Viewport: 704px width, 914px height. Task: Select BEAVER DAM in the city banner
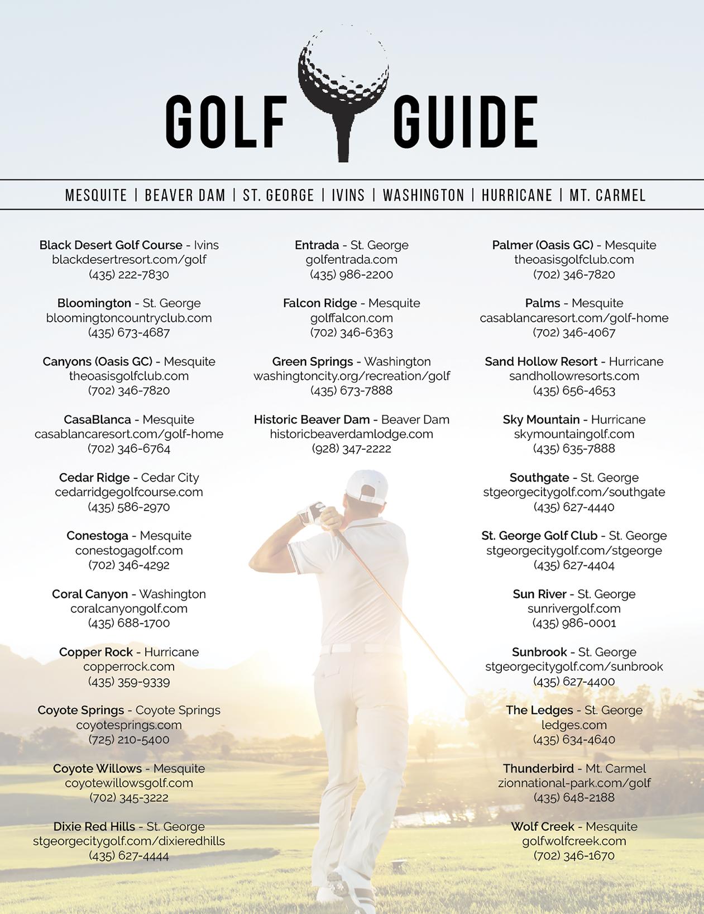[x=185, y=196]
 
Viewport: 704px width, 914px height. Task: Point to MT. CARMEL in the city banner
[x=607, y=196]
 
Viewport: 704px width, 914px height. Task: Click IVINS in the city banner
[x=348, y=196]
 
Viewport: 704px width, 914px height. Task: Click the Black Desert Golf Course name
[x=111, y=245]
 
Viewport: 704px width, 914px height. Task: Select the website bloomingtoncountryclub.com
[x=129, y=318]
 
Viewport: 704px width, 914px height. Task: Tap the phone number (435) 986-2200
[x=352, y=274]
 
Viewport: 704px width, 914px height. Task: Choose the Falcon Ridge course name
[x=320, y=303]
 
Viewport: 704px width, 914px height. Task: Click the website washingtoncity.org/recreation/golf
[x=352, y=376]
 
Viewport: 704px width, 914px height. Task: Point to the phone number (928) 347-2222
[x=352, y=449]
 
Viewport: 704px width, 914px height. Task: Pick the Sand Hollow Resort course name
[x=541, y=361]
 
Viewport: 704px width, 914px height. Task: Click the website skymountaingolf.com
[x=574, y=434]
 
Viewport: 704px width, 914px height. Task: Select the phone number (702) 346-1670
[x=574, y=855]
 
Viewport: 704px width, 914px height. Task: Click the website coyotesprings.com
[x=129, y=725]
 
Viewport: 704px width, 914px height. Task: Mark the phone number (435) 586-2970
[x=129, y=507]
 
